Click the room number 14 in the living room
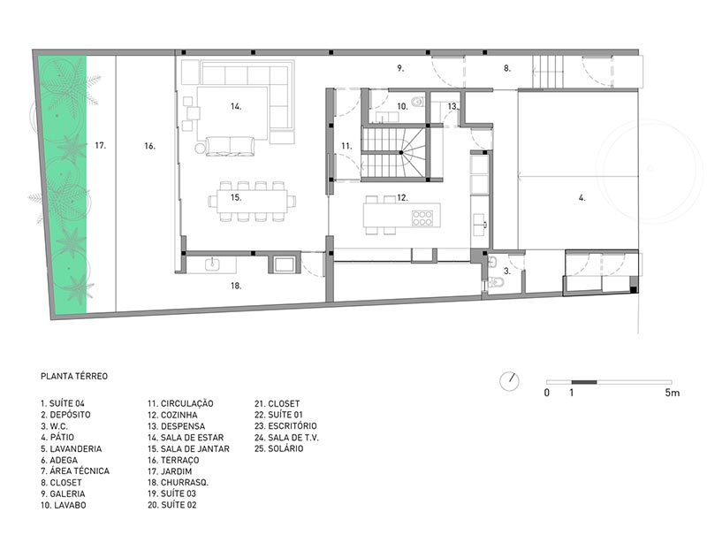pyautogui.click(x=236, y=106)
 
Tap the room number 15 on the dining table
pyautogui.click(x=236, y=197)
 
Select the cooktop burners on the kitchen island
pyautogui.click(x=422, y=218)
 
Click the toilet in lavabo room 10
pyautogui.click(x=419, y=102)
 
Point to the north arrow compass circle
pyautogui.click(x=510, y=381)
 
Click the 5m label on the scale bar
pyautogui.click(x=672, y=393)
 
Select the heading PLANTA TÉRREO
pyautogui.click(x=74, y=376)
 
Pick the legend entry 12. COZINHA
pyautogui.click(x=172, y=415)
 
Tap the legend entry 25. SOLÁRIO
pyautogui.click(x=278, y=448)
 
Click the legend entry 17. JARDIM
pyautogui.click(x=170, y=471)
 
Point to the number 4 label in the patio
pyautogui.click(x=582, y=198)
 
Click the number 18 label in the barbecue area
pyautogui.click(x=236, y=286)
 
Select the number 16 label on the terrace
pyautogui.click(x=149, y=146)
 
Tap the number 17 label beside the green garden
pyautogui.click(x=100, y=145)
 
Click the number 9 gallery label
pyautogui.click(x=400, y=68)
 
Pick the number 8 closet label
pyautogui.click(x=507, y=68)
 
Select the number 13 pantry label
pyautogui.click(x=452, y=106)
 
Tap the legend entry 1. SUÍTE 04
pyautogui.click(x=63, y=403)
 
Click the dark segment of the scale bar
pyautogui.click(x=584, y=382)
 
